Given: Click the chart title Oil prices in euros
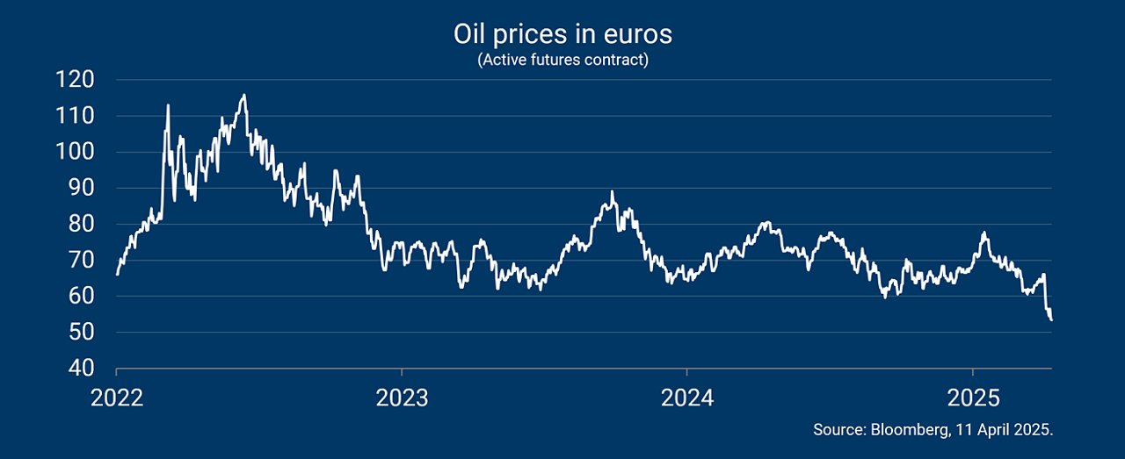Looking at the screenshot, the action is pyautogui.click(x=562, y=34).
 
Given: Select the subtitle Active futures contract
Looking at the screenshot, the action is pyautogui.click(x=562, y=60).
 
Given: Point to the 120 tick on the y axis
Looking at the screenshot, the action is pyautogui.click(x=75, y=80).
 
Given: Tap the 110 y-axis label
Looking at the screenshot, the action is pyautogui.click(x=75, y=116).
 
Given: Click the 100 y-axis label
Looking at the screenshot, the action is pyautogui.click(x=75, y=152).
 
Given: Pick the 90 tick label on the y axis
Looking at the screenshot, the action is pyautogui.click(x=82, y=188).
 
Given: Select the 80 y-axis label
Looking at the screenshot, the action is pyautogui.click(x=82, y=224).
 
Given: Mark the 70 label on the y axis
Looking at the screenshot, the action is pyautogui.click(x=82, y=260).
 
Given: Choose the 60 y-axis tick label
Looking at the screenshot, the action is pyautogui.click(x=82, y=296).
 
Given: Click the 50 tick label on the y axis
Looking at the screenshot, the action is pyautogui.click(x=82, y=332).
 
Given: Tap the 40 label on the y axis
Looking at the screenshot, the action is pyautogui.click(x=82, y=369).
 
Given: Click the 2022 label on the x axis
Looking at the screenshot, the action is pyautogui.click(x=117, y=398).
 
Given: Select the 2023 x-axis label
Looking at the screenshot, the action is pyautogui.click(x=402, y=398).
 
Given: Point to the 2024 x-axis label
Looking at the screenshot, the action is pyautogui.click(x=687, y=398).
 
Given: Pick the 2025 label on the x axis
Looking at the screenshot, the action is pyautogui.click(x=973, y=398).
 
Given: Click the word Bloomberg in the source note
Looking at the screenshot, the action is pyautogui.click(x=910, y=430).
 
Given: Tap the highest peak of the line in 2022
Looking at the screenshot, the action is pyautogui.click(x=244, y=94).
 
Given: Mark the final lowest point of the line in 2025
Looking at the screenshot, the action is pyautogui.click(x=1051, y=320).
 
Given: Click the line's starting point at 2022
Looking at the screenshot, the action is pyautogui.click(x=117, y=274).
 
